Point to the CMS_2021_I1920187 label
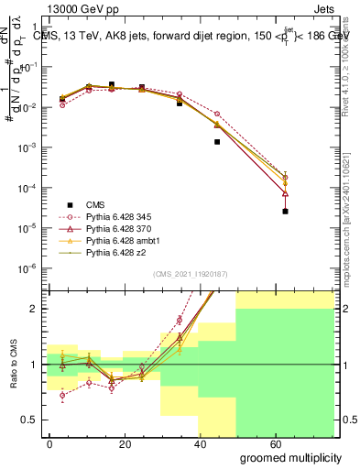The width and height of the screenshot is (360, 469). pos(191,273)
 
